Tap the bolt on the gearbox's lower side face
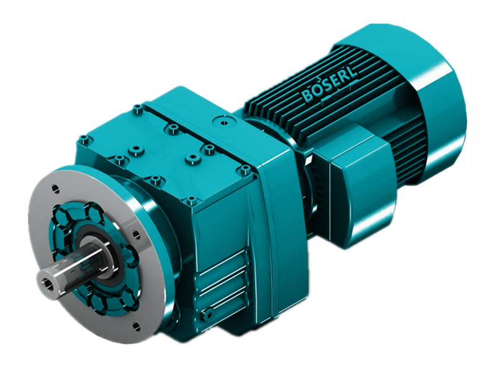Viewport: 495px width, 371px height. [x=209, y=315]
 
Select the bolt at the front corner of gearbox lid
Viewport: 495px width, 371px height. [x=191, y=200]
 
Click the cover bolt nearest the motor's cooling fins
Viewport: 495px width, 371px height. [x=246, y=169]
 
